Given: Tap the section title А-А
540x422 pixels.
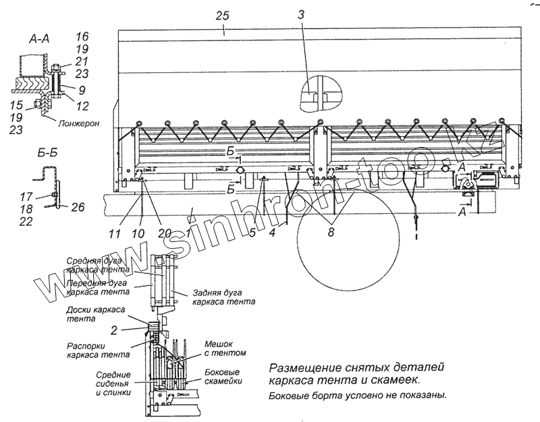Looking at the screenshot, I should [37, 40].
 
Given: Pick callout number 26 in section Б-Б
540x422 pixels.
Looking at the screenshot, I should [78, 207].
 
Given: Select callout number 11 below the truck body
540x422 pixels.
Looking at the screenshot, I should [115, 234].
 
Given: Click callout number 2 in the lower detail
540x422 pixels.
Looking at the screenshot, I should [114, 330].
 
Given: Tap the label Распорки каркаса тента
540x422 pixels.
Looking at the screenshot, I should [99, 350].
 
